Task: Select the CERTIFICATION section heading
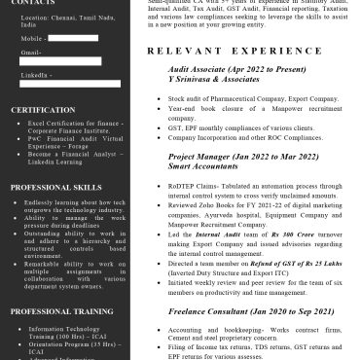pos(43,110)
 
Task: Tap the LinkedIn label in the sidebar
pos(35,74)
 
